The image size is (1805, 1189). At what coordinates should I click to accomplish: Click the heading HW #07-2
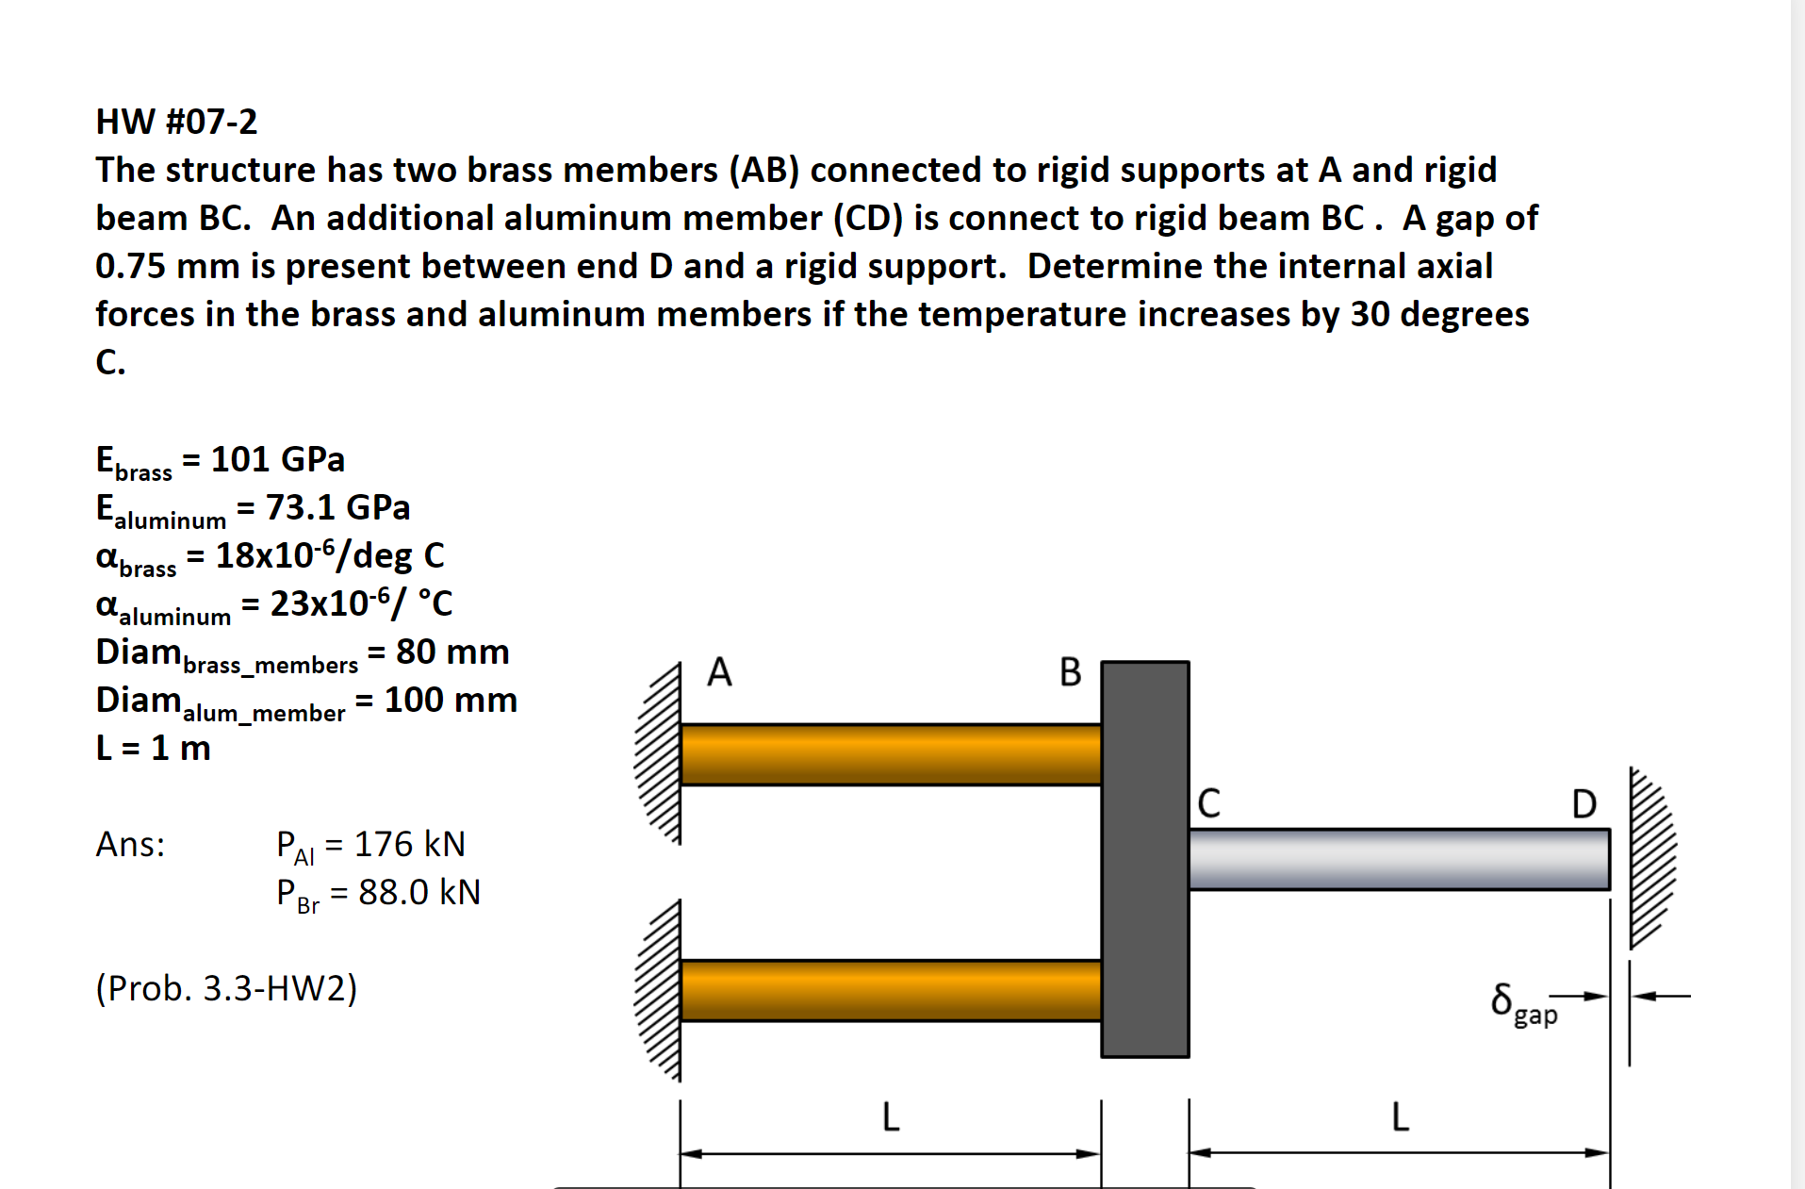click(x=176, y=122)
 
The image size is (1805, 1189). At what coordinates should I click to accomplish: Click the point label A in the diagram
click(x=719, y=672)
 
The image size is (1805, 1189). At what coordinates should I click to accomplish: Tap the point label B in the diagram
click(x=1070, y=672)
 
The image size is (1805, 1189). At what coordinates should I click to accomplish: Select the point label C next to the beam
click(x=1208, y=803)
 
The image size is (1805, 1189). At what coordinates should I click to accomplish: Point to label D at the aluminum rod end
click(x=1583, y=804)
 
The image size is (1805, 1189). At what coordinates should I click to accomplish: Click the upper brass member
click(x=890, y=754)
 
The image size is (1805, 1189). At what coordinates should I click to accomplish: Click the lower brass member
click(x=890, y=990)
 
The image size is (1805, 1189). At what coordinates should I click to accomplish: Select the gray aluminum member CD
click(x=1399, y=859)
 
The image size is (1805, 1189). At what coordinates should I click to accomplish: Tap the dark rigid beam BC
click(x=1145, y=858)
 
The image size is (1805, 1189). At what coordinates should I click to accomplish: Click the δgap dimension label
click(x=1523, y=1002)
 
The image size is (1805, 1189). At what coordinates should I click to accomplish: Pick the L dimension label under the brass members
click(x=890, y=1117)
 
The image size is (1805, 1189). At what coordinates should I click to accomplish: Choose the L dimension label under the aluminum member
click(x=1400, y=1117)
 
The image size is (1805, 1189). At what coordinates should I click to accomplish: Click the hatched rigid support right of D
click(x=1651, y=858)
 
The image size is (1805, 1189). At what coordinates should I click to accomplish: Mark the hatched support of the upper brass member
click(x=658, y=754)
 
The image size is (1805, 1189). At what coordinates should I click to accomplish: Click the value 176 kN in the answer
click(x=409, y=844)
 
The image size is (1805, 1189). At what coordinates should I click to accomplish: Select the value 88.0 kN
click(x=419, y=892)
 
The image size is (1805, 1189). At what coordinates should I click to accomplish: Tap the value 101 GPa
click(x=277, y=459)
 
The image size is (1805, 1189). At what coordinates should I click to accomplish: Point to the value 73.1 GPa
click(x=337, y=507)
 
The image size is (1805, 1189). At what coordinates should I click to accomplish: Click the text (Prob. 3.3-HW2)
click(x=226, y=988)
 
